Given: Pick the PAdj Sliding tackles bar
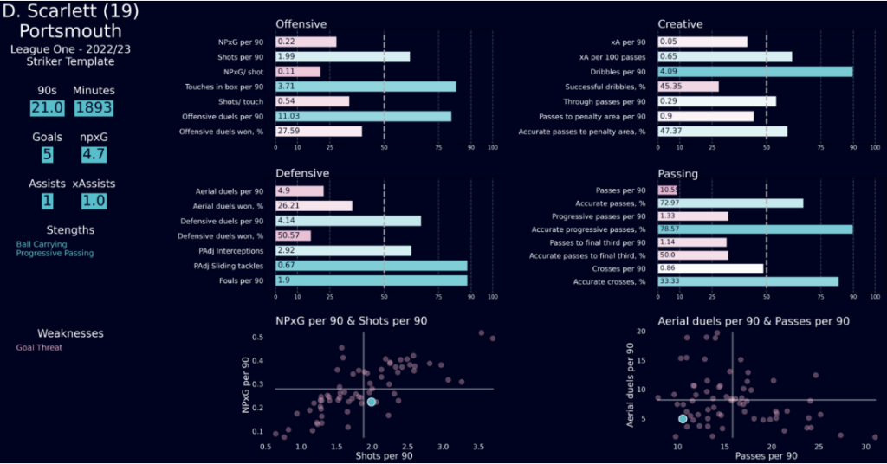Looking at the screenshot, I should (371, 266).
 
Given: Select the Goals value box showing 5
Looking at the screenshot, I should (47, 154).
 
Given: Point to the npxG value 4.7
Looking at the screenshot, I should (90, 154).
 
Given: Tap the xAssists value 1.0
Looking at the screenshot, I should (90, 201).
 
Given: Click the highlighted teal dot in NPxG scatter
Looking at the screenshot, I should (372, 402).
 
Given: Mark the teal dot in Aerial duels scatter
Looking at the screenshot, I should (683, 419).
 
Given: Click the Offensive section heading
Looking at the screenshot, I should (301, 24).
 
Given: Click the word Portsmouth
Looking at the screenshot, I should (70, 31).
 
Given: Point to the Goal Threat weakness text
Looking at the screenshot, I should (40, 348).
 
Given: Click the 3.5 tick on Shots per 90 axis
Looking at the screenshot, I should (478, 447).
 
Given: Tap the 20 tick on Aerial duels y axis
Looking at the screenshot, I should (640, 332).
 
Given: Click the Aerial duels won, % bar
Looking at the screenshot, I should (314, 206).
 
